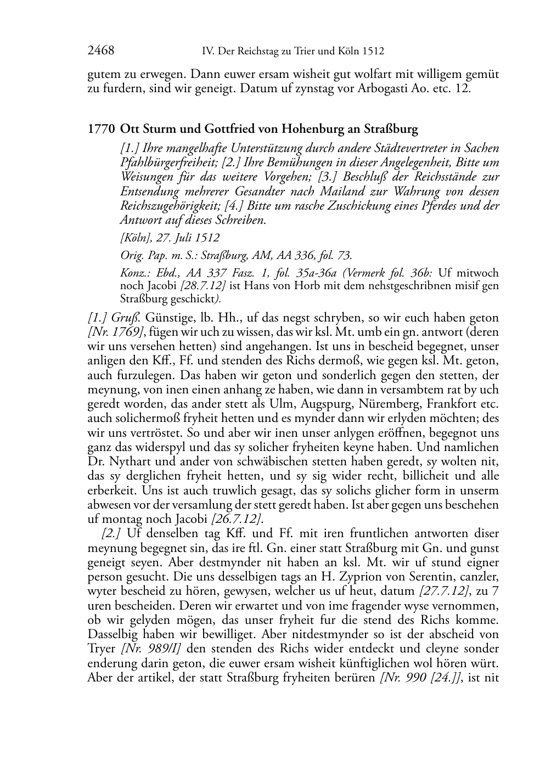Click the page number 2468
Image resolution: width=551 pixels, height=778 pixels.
100,51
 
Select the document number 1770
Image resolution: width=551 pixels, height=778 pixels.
100,129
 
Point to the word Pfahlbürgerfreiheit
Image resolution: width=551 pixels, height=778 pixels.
166,162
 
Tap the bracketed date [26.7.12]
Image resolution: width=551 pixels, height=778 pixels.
235,519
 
